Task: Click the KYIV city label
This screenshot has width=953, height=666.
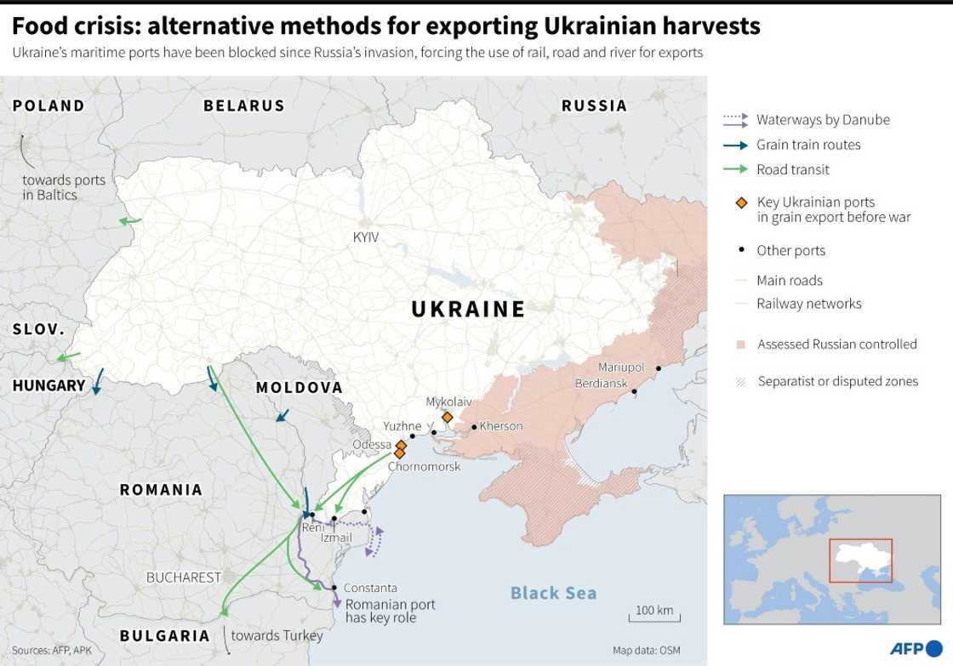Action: pos(366,237)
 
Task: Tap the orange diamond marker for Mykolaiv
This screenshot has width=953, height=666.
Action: pos(447,417)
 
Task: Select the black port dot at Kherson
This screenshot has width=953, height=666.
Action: pos(474,427)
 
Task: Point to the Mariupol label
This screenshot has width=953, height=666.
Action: pos(621,367)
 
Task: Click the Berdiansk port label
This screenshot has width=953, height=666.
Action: pos(602,384)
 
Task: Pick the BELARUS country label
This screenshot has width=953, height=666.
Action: pos(243,105)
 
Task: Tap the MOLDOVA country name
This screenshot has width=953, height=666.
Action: pos(299,388)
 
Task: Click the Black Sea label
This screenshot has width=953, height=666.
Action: pos(553,593)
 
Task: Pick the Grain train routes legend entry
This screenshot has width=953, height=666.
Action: pos(808,145)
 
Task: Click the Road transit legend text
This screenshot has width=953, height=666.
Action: pos(792,169)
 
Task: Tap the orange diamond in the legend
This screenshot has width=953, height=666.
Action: pos(741,202)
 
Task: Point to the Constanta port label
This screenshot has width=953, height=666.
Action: pos(370,588)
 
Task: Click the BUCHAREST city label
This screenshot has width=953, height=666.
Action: pos(184,578)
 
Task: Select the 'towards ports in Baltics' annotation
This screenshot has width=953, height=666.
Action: pos(64,187)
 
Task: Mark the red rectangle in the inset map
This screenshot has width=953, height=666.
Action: pos(860,560)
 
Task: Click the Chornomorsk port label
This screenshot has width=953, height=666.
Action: pos(424,467)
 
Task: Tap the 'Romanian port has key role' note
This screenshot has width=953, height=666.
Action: pos(390,612)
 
